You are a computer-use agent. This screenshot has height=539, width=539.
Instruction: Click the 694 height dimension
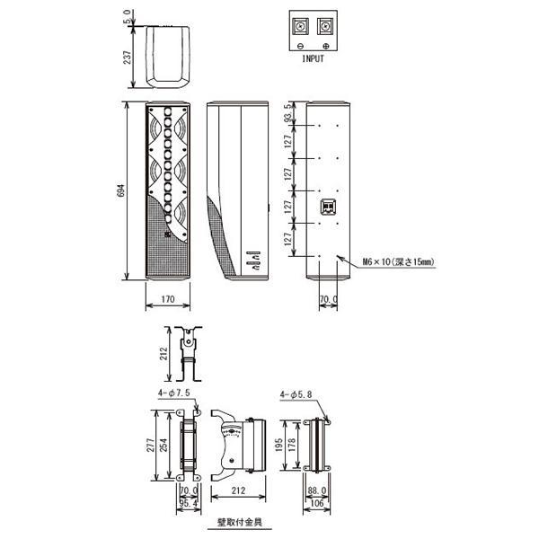(x=121, y=190)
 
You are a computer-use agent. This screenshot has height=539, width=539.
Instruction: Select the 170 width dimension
(x=168, y=299)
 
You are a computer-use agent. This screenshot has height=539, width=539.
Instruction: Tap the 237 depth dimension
(x=128, y=57)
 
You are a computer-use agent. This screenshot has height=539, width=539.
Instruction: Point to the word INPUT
(x=313, y=58)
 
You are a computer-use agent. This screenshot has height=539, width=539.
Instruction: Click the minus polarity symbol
(x=300, y=46)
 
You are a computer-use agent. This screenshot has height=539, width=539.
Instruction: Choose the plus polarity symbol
(x=326, y=46)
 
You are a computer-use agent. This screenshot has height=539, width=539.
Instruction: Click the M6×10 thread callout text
(x=399, y=262)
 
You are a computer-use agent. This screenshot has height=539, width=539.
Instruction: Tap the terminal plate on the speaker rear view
(x=328, y=208)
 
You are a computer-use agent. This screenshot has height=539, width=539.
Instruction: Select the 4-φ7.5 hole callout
(x=174, y=393)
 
